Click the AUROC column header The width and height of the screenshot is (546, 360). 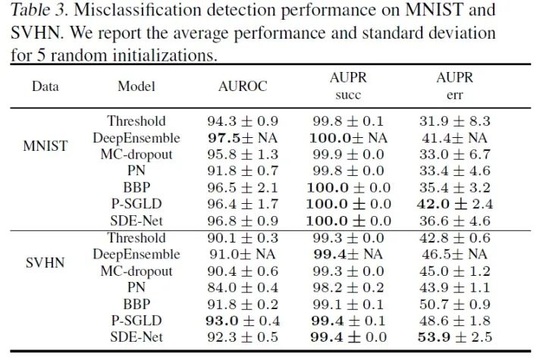243,86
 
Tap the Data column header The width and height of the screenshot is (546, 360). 45,86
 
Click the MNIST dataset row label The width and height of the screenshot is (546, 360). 45,145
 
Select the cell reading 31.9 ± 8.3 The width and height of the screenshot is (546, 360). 455,121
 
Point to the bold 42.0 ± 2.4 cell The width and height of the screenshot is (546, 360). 455,204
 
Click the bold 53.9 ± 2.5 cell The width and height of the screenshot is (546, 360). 455,337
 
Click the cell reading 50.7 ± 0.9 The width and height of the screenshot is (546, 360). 455,304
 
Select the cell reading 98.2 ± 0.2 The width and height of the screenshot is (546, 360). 349,287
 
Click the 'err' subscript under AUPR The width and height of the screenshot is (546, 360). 455,96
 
